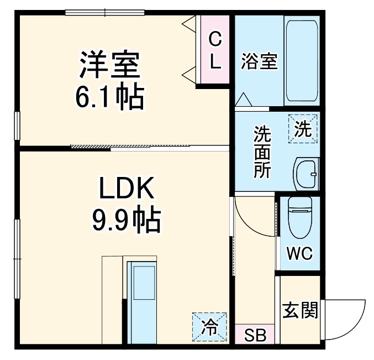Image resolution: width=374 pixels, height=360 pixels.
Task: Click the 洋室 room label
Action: (108, 66)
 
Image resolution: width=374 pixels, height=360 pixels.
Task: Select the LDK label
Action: (125, 190)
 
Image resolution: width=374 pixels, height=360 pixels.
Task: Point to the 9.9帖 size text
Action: (125, 221)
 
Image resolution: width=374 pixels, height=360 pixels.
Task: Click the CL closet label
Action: (215, 50)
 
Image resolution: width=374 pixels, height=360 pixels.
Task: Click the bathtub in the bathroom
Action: (302, 60)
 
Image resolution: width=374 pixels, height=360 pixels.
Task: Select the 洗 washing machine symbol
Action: (303, 129)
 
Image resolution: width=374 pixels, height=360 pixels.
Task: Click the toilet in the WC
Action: (301, 218)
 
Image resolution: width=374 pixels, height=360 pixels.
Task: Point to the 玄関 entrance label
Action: (301, 311)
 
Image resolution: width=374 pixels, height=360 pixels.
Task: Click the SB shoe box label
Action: (255, 335)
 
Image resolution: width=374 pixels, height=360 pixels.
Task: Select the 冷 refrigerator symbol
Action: (209, 327)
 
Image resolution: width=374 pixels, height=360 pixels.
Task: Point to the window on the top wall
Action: (104, 12)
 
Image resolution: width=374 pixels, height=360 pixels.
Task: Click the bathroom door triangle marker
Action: (244, 101)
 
